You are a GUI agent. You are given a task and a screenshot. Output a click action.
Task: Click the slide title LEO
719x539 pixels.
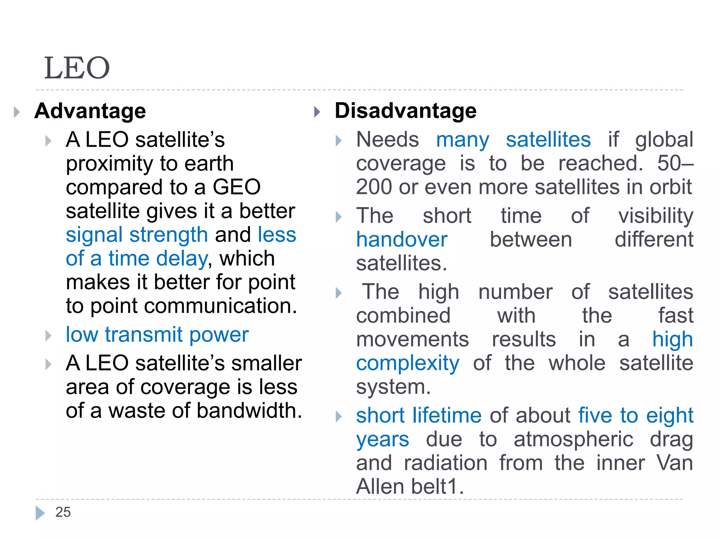pos(77,68)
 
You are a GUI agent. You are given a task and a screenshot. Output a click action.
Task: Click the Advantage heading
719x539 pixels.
pos(90,111)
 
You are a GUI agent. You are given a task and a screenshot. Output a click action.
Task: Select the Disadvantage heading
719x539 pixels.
pos(405,111)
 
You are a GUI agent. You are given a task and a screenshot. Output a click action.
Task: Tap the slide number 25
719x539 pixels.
pos(63,512)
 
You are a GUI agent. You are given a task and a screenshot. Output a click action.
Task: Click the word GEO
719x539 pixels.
pos(237,187)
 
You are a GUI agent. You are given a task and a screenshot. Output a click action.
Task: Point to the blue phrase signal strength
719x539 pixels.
pos(137,235)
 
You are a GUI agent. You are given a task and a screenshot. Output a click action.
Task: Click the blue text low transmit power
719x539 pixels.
pos(157,335)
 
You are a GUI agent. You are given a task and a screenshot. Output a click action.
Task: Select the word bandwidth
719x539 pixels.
pos(249,411)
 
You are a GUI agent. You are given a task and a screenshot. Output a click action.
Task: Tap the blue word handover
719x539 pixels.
pos(402,240)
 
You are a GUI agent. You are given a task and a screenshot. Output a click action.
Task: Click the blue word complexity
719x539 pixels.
pos(408,364)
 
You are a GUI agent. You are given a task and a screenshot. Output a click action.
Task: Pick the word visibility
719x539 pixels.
pos(655,216)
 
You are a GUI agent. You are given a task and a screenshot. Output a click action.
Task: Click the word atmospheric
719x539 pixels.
pos(573,439)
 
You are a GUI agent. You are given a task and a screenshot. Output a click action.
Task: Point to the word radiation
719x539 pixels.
pos(446,463)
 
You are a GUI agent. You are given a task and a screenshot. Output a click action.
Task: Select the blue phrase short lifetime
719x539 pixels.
pos(418,416)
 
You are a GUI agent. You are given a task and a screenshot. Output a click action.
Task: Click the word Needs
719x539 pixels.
pos(387,140)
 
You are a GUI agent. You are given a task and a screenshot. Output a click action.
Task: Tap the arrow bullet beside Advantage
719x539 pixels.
pos(17,112)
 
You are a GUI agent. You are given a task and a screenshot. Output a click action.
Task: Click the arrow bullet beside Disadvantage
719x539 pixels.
pos(317,112)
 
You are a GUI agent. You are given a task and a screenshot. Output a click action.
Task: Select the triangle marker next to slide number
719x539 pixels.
pos(40,513)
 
